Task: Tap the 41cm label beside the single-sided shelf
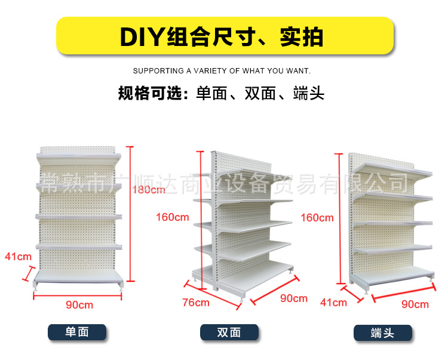tap(18, 257)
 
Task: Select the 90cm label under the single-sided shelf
tap(79, 304)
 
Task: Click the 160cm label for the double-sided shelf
tap(172, 217)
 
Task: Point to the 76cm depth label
tap(195, 303)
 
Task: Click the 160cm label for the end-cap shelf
tap(317, 217)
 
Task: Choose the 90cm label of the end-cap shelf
tap(415, 304)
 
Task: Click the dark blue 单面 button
tap(77, 332)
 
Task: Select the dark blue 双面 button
tap(229, 333)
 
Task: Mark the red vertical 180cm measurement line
tap(131, 215)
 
